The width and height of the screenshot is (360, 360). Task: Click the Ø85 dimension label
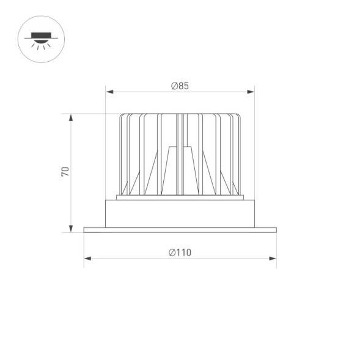(180, 86)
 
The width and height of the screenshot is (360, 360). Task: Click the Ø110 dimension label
(180, 252)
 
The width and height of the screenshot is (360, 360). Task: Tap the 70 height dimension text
(65, 171)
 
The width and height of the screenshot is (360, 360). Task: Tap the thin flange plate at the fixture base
(180, 230)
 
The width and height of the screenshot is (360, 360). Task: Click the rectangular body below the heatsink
(180, 214)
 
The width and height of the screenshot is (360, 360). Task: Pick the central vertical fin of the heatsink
(180, 153)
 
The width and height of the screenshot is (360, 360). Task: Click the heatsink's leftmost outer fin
(120, 153)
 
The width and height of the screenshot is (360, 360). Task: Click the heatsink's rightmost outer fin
(240, 153)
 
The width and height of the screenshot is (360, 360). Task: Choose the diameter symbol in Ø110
(172, 252)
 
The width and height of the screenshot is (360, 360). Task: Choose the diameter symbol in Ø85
(174, 86)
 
